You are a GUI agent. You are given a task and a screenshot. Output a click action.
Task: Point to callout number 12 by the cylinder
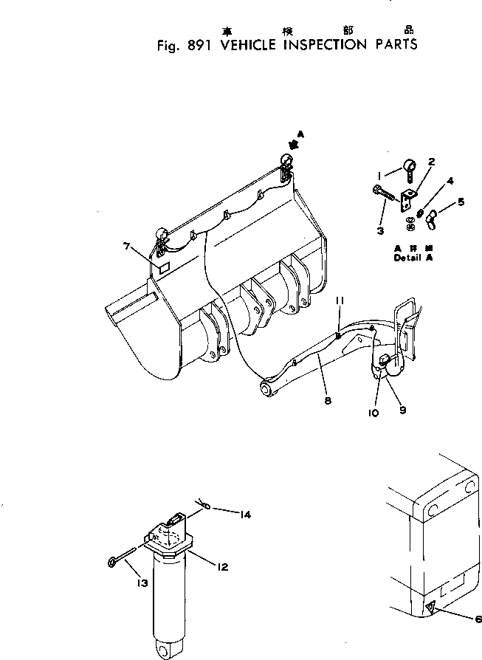coord(221,567)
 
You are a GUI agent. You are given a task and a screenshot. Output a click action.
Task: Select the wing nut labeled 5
coord(441,216)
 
